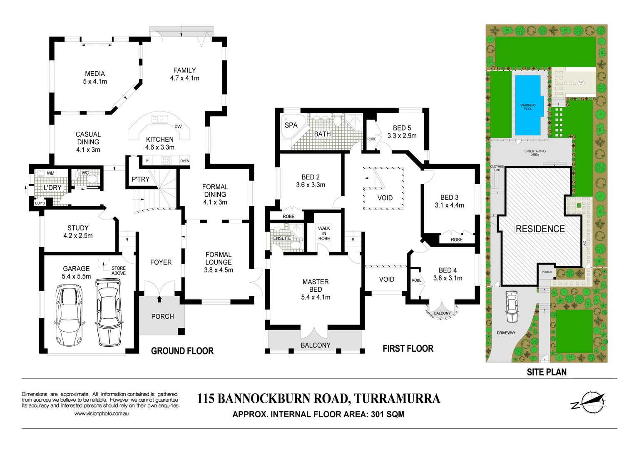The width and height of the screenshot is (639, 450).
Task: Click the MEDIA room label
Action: pyautogui.click(x=95, y=74)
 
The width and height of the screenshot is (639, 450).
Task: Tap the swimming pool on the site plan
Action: pyautogui.click(x=528, y=105)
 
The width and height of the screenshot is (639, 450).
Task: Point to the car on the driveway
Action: pyautogui.click(x=511, y=307)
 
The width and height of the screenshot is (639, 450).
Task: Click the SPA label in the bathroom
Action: pyautogui.click(x=291, y=125)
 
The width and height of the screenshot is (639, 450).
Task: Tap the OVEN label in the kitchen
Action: pyautogui.click(x=184, y=161)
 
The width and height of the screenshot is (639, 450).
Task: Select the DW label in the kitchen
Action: pyautogui.click(x=178, y=127)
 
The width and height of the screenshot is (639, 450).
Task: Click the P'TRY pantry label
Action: pyautogui.click(x=140, y=179)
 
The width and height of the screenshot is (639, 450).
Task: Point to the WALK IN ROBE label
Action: pyautogui.click(x=324, y=233)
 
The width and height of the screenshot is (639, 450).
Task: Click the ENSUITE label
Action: pyautogui.click(x=282, y=238)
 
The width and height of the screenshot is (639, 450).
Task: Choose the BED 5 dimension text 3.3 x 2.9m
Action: pyautogui.click(x=402, y=136)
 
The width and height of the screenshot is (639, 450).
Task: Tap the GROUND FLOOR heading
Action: pyautogui.click(x=182, y=351)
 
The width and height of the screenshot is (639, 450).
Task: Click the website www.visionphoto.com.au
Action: pyautogui.click(x=101, y=414)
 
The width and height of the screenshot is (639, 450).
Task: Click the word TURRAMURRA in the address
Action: pyautogui.click(x=397, y=399)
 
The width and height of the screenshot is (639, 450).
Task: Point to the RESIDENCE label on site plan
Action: pyautogui.click(x=540, y=229)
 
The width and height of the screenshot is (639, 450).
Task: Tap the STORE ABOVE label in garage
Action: pyautogui.click(x=118, y=271)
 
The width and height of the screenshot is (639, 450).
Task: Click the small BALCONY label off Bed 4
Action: pyautogui.click(x=442, y=313)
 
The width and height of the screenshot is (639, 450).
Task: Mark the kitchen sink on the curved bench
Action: pyautogui.click(x=159, y=120)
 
